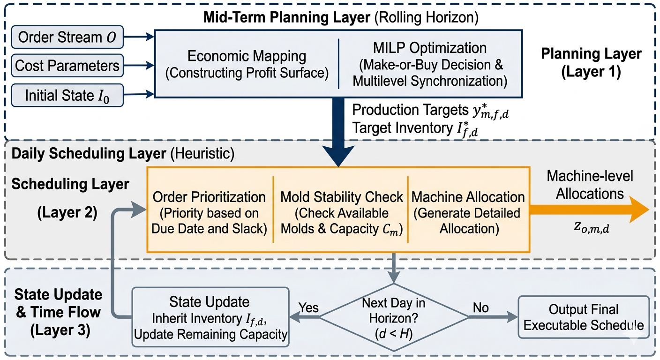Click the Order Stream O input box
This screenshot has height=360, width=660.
pos(67,37)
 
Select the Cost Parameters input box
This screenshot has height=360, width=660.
pos(67,66)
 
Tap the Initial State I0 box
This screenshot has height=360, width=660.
pos(67,96)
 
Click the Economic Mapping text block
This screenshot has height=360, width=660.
pos(247,64)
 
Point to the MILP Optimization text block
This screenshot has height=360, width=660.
pos(430,64)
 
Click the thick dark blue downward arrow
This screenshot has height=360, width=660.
pos(338,132)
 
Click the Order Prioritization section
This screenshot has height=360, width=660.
pos(209,213)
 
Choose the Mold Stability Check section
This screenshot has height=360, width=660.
pos(342,213)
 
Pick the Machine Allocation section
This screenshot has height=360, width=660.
pos(468,213)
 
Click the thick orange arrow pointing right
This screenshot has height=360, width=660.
pos(589,210)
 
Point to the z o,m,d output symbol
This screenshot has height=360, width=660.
pos(592,227)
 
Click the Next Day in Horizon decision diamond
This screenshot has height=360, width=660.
pos(394,317)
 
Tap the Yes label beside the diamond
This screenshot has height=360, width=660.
pos(308,307)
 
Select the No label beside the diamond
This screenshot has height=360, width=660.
pos(480,307)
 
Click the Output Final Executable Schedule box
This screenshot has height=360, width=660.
pos(584,317)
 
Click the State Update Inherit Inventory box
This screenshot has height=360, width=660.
pos(210,317)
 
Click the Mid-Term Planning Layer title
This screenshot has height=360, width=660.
pos(341,17)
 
